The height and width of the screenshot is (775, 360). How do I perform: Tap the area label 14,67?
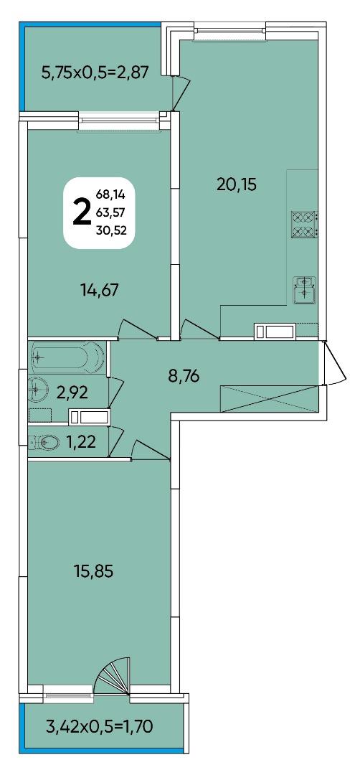coord(100,290)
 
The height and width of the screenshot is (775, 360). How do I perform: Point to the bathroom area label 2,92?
coord(72,393)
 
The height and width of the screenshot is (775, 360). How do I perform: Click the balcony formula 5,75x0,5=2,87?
coord(95,73)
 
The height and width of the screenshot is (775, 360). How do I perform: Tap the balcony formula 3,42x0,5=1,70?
coord(100,726)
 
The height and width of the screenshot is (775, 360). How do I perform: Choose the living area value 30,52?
coord(112,229)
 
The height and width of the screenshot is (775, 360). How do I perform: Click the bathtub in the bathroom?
coord(67,357)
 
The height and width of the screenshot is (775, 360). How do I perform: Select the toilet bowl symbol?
coord(47,441)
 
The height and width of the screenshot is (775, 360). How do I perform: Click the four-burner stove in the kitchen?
coord(303,223)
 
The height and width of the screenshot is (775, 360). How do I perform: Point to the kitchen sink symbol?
coord(304,290)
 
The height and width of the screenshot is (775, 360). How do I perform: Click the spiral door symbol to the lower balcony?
coord(113,676)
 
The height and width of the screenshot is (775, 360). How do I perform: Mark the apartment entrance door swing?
coord(334,363)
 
